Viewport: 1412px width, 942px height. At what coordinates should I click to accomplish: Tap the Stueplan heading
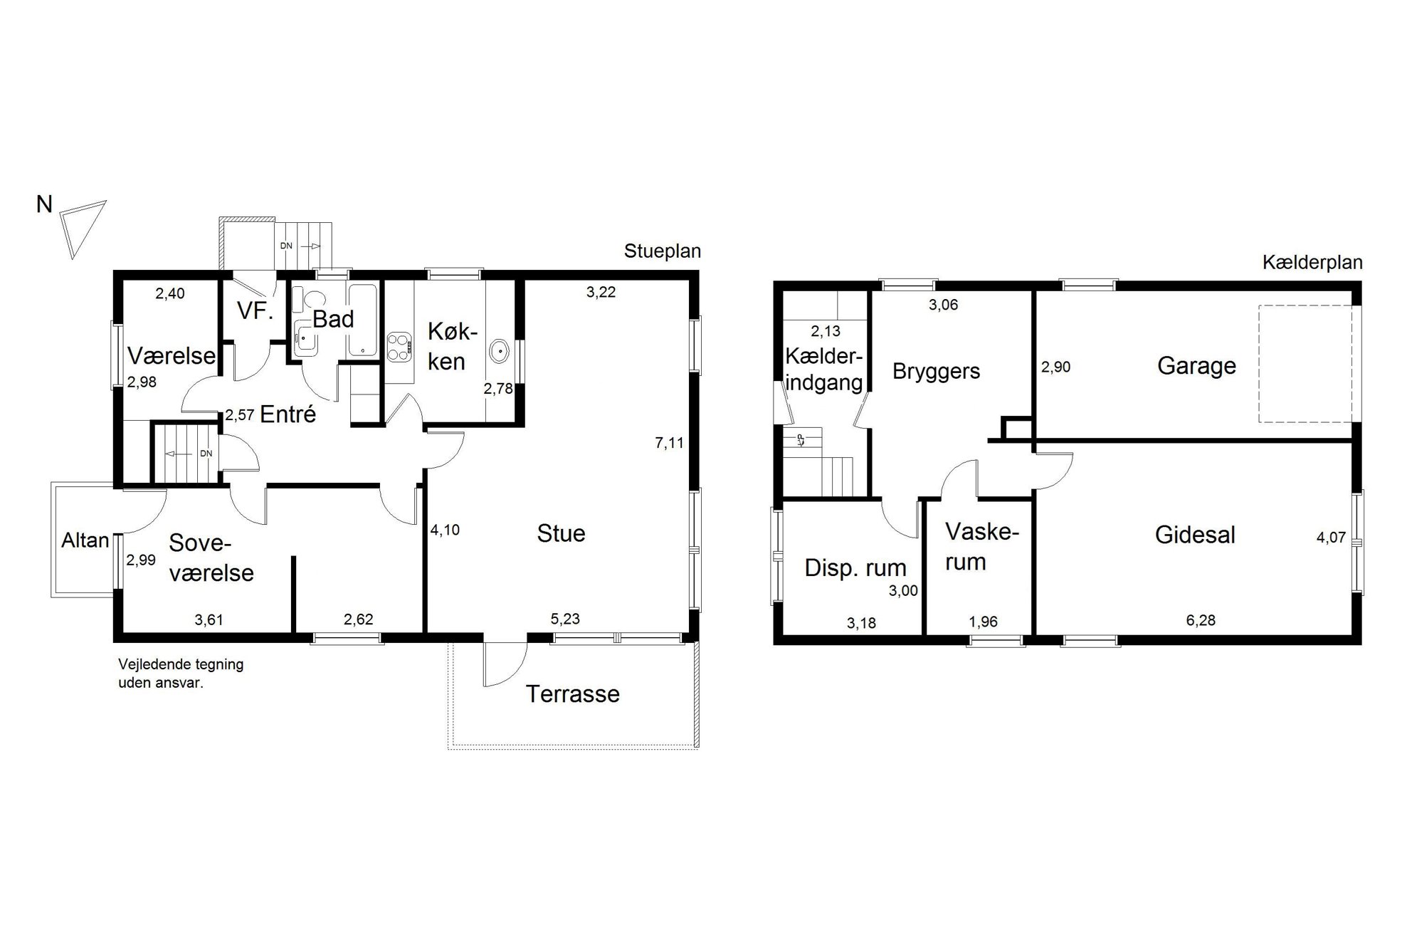click(x=662, y=251)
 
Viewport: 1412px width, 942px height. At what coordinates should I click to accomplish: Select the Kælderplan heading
click(x=1312, y=263)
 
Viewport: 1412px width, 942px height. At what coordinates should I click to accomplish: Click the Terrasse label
click(x=573, y=694)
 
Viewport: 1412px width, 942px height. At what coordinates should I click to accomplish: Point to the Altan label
click(x=85, y=540)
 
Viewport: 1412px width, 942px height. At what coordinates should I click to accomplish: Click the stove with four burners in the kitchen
click(x=399, y=347)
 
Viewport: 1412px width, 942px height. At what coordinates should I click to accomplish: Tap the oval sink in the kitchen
click(x=500, y=351)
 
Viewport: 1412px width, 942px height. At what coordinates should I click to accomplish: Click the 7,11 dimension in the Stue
click(x=669, y=443)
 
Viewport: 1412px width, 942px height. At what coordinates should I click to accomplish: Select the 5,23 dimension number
click(x=565, y=619)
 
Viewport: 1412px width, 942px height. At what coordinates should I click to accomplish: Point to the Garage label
click(x=1196, y=366)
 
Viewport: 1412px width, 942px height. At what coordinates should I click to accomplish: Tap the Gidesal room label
click(x=1195, y=535)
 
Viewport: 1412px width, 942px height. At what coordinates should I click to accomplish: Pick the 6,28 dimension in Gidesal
click(x=1201, y=621)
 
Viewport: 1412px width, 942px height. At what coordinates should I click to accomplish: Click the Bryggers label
click(x=936, y=372)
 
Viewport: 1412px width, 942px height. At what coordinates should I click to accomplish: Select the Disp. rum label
click(x=855, y=568)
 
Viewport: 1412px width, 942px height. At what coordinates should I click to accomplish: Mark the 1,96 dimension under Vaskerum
click(x=983, y=622)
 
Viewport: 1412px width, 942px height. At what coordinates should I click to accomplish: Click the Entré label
click(x=288, y=414)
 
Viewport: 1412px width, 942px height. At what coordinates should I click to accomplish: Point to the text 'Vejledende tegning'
click(x=181, y=665)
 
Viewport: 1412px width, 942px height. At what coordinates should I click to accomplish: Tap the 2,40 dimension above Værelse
click(x=170, y=293)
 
